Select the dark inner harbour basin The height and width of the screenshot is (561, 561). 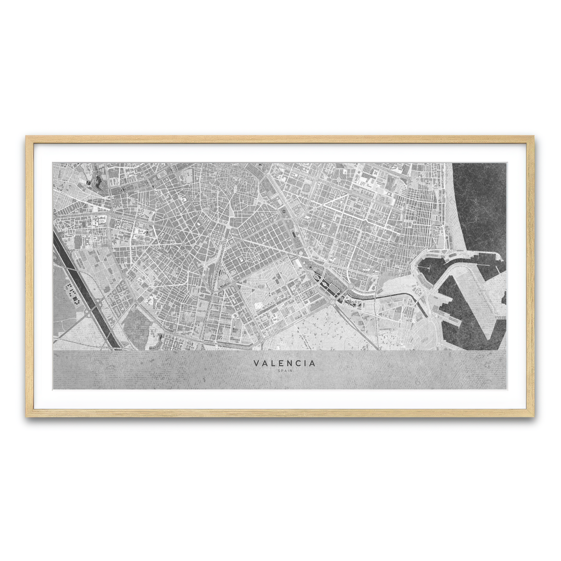[x=432, y=271]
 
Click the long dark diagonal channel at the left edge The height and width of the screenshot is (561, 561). [x=84, y=290]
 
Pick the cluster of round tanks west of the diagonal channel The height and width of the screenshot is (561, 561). [x=70, y=292]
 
